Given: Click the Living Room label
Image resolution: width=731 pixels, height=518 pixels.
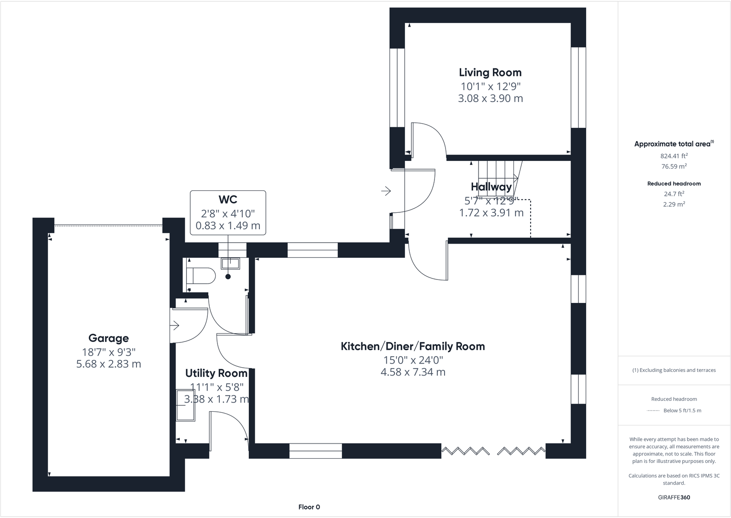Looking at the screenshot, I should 490,73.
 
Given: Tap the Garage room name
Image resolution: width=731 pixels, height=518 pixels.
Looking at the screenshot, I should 109,338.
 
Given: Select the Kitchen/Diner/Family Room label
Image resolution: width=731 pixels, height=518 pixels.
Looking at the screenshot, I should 412,347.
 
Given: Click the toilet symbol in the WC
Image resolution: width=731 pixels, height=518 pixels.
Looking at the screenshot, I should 201,276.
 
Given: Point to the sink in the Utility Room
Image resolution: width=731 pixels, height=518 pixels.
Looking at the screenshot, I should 186,405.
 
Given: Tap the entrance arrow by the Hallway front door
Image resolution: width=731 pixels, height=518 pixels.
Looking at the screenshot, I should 386,190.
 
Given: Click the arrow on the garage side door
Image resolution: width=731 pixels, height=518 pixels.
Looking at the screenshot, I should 175,326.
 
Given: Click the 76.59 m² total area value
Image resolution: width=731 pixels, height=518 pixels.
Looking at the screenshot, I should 674,167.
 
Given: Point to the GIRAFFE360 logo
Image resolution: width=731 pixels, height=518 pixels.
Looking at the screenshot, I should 674,497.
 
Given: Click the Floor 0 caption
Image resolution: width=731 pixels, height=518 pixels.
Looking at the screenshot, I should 309,507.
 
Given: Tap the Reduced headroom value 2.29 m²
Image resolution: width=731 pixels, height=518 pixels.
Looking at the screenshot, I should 674,205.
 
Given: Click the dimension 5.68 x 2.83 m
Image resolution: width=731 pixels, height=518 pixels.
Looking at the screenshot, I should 109,364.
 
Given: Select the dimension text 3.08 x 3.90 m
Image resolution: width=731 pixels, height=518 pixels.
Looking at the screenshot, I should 490,98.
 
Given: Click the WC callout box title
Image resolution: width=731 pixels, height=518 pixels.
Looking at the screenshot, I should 228,199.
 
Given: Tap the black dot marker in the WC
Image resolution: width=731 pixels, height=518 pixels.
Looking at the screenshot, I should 228,277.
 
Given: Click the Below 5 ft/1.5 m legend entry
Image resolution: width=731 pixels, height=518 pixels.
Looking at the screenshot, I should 682,410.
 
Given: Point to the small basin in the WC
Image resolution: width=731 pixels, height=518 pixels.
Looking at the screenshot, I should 230,263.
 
